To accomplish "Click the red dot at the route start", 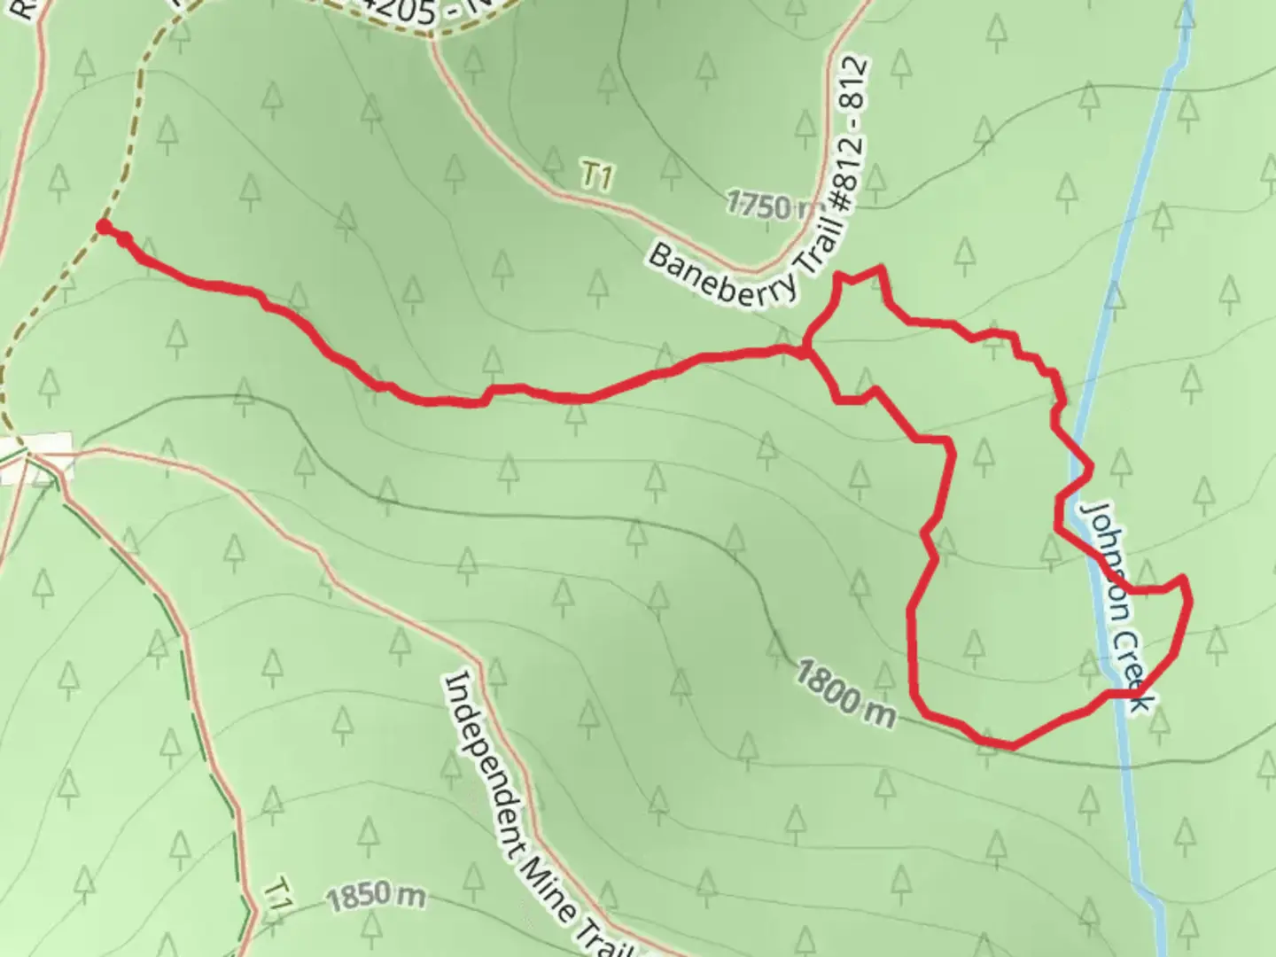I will (x=104, y=228).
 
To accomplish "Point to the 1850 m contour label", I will (x=375, y=899).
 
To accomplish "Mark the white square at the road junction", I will (x=36, y=457).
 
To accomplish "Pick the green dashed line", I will (x=177, y=638).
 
